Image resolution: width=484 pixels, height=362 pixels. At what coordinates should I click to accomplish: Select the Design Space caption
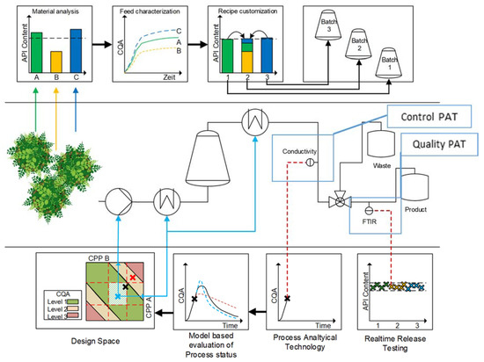[81, 336]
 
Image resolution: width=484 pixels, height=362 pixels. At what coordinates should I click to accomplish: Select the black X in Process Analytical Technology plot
[287, 299]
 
